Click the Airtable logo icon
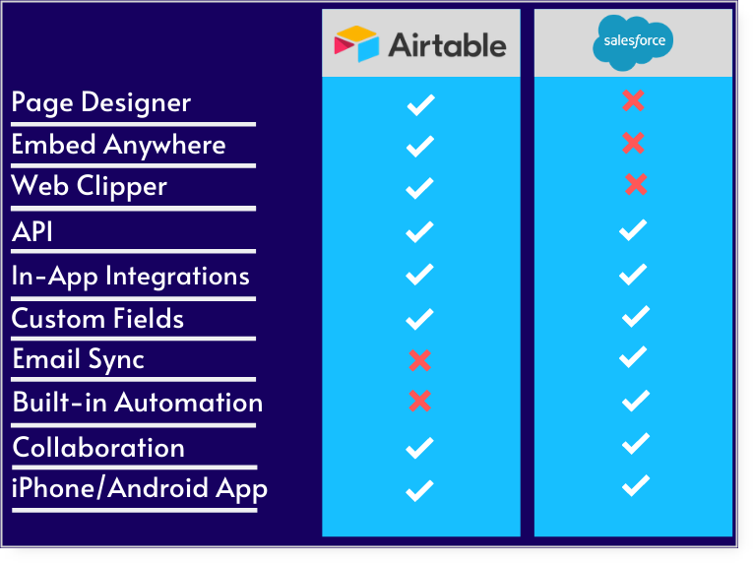click(356, 43)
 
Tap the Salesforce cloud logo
click(633, 42)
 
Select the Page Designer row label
click(100, 102)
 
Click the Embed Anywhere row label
click(118, 145)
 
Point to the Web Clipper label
click(89, 186)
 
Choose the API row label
click(32, 231)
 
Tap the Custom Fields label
click(97, 319)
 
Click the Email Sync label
click(79, 360)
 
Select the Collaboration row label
click(98, 448)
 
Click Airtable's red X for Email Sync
click(419, 360)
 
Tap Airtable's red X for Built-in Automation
click(419, 402)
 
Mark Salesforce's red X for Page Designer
click(633, 100)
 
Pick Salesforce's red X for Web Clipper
click(636, 184)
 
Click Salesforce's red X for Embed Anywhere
click(633, 143)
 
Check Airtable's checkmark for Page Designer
click(420, 104)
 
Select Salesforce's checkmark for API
click(633, 229)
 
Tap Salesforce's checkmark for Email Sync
click(633, 357)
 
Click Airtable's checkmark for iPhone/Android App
click(419, 490)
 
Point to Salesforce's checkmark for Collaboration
click(636, 443)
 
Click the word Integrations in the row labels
click(177, 277)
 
